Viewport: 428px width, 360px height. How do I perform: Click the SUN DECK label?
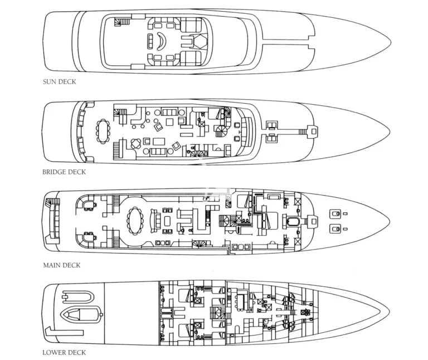(x=59, y=81)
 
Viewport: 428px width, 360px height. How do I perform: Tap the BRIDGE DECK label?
(x=64, y=172)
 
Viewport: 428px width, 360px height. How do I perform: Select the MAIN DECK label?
(x=62, y=265)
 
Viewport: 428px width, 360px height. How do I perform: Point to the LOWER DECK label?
(x=64, y=352)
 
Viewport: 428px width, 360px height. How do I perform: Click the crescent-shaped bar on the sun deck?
(x=162, y=41)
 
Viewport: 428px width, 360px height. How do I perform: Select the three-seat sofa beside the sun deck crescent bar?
(x=150, y=41)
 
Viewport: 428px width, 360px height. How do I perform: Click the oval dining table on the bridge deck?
(x=103, y=131)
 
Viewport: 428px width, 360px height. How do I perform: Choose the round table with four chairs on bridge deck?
(x=136, y=144)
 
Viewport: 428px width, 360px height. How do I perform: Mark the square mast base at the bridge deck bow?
(x=314, y=132)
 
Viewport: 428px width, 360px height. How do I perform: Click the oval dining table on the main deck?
(x=135, y=221)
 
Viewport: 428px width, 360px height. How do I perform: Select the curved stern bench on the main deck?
(x=53, y=220)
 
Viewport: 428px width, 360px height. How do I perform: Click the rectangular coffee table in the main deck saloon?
(x=167, y=221)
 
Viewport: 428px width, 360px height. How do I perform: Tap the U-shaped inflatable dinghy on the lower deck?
(x=78, y=297)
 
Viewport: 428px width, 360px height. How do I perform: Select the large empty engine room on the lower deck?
(x=132, y=313)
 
